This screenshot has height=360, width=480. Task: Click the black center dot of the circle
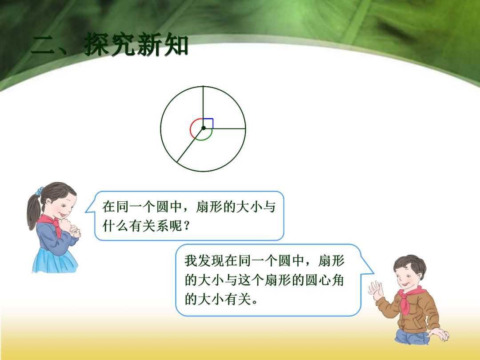tap(203, 128)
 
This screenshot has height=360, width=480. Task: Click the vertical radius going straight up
tap(203, 102)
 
